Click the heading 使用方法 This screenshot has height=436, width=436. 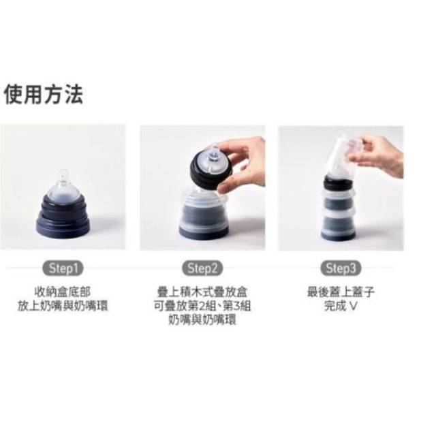(44, 95)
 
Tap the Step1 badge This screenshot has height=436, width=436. (63, 268)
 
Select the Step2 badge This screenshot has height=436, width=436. (202, 268)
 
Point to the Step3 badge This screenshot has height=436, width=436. (341, 268)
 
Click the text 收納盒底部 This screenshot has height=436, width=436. (63, 292)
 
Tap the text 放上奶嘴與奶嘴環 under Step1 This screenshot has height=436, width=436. (63, 306)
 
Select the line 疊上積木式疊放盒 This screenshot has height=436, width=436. (202, 292)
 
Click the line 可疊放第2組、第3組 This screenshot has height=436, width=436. (202, 306)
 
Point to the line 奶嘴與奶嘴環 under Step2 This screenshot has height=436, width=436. (202, 320)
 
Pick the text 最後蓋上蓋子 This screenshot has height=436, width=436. (341, 292)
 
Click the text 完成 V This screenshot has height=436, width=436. (341, 306)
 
